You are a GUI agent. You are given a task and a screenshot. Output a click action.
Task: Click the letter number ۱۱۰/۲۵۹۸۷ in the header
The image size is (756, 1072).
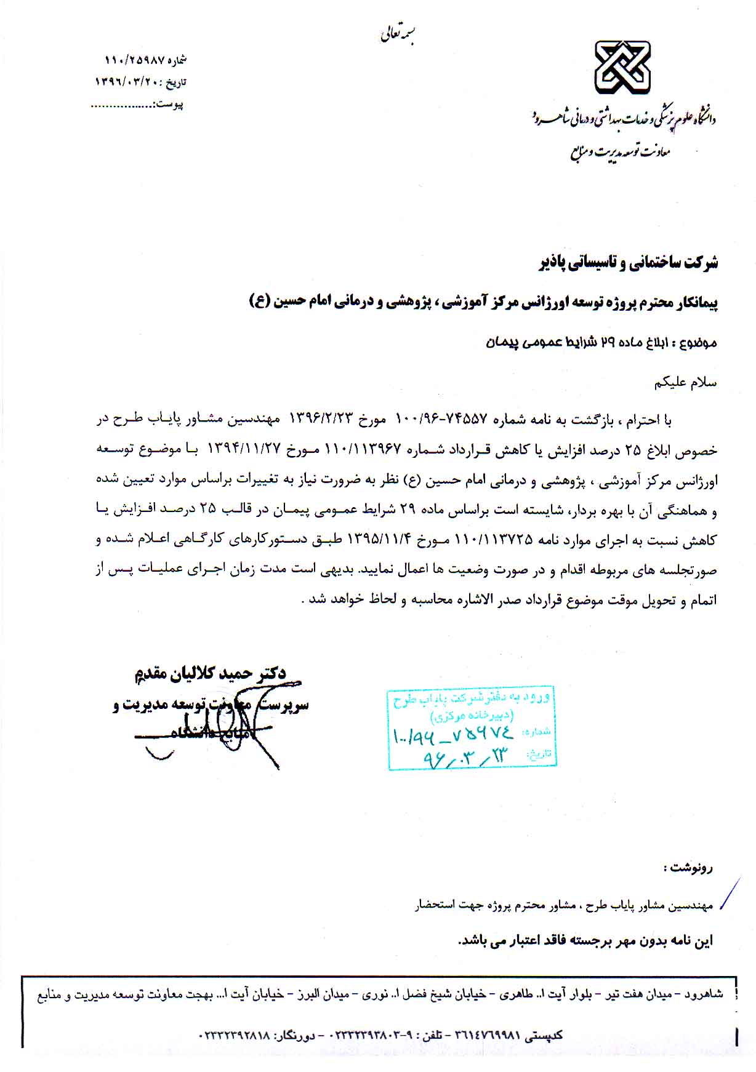[134, 60]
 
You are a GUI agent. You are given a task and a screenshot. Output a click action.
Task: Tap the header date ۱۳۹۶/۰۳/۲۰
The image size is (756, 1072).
[126, 81]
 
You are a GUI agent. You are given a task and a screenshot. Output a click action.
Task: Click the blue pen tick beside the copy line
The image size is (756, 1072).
[730, 894]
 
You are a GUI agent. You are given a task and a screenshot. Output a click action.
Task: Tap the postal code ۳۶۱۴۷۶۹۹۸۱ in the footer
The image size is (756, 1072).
[488, 1035]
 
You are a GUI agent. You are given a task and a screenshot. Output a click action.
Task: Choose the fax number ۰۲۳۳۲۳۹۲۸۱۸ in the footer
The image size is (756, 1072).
[235, 1035]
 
